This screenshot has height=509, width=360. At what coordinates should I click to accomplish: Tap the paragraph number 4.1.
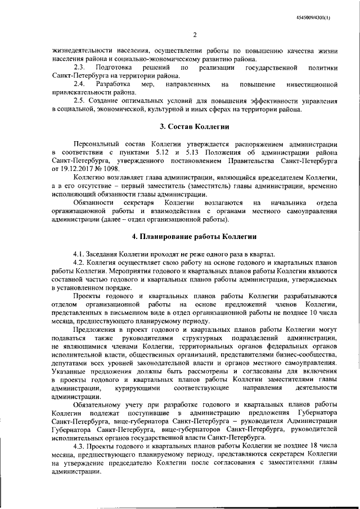click(80, 254)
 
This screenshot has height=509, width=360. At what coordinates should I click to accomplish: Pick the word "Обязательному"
click(100, 405)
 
